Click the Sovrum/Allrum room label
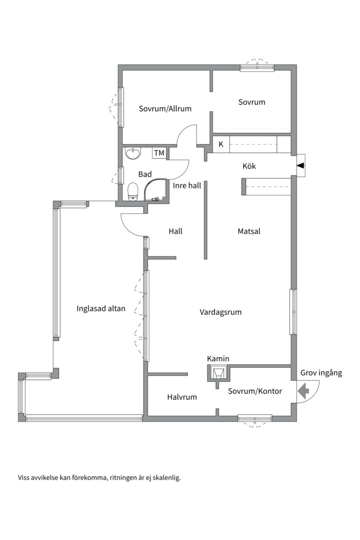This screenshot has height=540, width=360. [x=165, y=109]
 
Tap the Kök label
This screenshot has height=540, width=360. [x=249, y=166]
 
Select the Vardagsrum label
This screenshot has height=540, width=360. [x=220, y=312]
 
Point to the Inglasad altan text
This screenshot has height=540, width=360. [x=101, y=308]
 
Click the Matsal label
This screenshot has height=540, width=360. [x=249, y=231]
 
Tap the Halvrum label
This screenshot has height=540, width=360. [x=182, y=397]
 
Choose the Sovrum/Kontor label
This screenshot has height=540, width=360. [x=255, y=391]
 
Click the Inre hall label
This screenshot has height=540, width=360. [x=186, y=185]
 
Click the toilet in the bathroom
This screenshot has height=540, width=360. [x=133, y=192]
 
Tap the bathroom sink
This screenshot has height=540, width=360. [x=133, y=153]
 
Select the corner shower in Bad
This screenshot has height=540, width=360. [x=155, y=189]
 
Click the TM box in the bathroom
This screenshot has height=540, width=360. [x=159, y=153]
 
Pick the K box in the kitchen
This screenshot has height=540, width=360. [x=221, y=144]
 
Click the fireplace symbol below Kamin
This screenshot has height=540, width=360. [x=217, y=373]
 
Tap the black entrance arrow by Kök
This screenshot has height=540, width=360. [x=301, y=166]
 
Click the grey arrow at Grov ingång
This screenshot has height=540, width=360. [x=303, y=390]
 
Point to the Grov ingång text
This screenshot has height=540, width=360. [x=321, y=373]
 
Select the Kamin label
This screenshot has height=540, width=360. [x=218, y=359]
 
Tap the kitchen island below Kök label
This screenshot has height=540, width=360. [x=266, y=186]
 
